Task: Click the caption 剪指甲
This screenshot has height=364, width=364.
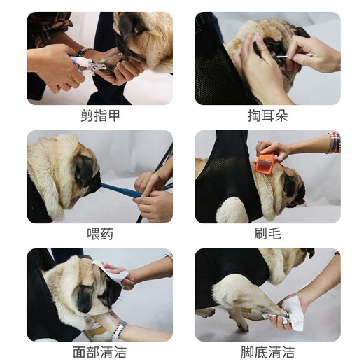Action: point(99,115)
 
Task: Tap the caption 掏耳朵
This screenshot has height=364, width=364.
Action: point(267,115)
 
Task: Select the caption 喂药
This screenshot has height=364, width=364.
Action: point(99,233)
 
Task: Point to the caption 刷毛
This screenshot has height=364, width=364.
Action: point(267,233)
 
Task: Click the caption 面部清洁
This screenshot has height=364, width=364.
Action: point(99,351)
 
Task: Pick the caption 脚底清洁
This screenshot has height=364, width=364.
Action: point(267,351)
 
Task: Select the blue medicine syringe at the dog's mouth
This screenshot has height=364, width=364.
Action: point(119,188)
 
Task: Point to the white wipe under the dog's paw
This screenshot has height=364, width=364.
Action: point(290,313)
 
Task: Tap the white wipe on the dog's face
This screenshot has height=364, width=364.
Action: point(114,274)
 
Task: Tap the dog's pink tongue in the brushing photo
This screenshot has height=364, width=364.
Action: point(300,202)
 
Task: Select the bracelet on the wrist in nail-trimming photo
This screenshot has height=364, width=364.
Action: point(82,52)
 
